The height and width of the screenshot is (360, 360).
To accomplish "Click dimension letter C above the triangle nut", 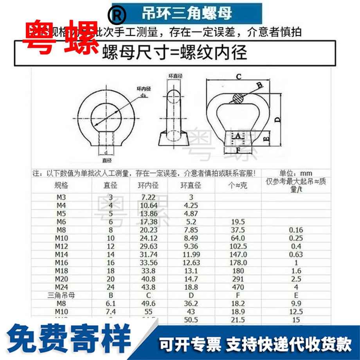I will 238,77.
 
